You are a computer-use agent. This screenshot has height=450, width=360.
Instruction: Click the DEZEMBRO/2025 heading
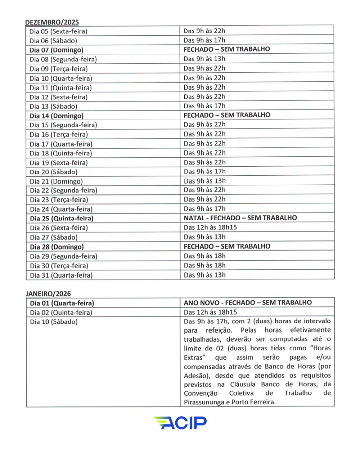coord(52,22)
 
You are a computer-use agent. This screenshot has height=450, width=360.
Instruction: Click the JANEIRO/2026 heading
coord(48,294)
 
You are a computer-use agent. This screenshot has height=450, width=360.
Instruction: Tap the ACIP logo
coord(180,423)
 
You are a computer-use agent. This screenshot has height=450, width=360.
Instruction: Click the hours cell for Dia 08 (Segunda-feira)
coord(204,59)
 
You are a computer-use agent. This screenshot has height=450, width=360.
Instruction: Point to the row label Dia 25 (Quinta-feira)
coord(62,218)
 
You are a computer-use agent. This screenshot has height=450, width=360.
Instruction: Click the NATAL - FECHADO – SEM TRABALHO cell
coord(240,218)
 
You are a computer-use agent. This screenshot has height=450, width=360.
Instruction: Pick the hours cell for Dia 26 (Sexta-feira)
coord(210,228)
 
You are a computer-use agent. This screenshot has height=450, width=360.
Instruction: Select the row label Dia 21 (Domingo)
coord(56,181)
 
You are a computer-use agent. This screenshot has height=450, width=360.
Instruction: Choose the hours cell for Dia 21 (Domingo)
coord(204,181)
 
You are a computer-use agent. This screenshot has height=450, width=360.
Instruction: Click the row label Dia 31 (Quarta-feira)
coord(61,275)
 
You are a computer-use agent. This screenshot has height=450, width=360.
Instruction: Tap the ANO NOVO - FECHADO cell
coord(248,303)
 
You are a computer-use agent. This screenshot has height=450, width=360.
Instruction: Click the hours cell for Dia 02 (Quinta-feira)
coord(210,312)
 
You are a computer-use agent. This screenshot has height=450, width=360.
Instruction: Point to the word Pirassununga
coord(203,402)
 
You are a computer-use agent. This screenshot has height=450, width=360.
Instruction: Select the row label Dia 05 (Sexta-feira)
coord(58,31)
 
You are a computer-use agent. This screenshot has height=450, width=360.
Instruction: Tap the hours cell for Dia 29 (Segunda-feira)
coord(204,256)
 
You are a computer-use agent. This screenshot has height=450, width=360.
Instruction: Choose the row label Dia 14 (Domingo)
coord(57,116)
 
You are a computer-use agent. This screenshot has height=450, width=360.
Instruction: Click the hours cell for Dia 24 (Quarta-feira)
coord(204,209)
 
